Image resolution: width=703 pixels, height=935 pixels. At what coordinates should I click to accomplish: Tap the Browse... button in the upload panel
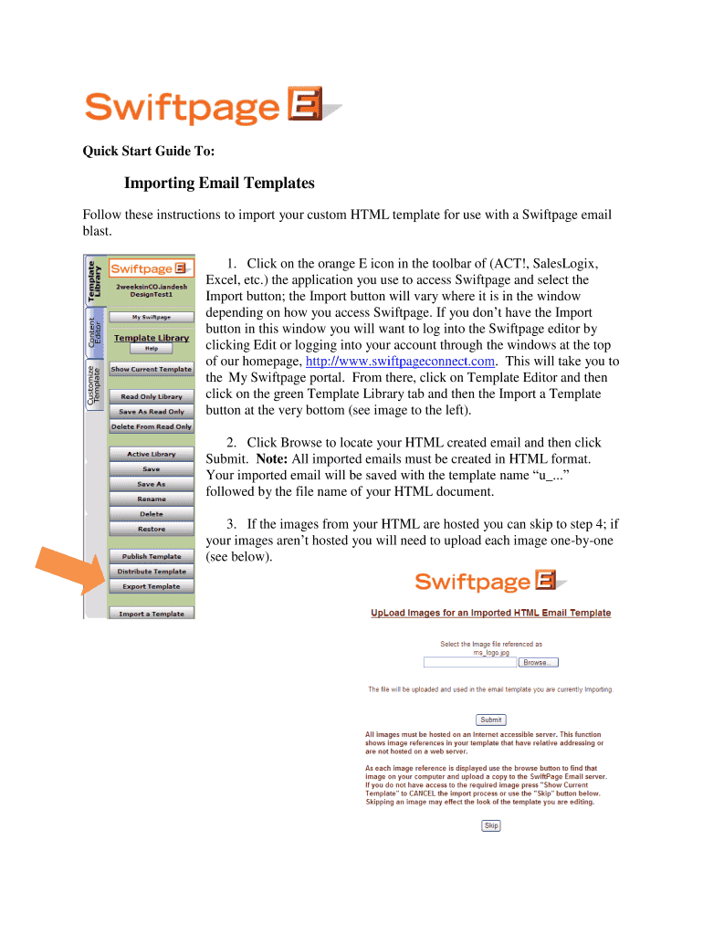[x=539, y=662]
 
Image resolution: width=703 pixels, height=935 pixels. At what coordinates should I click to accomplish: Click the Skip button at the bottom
[x=491, y=825]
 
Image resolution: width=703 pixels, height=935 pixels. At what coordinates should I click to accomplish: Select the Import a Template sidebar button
[x=152, y=614]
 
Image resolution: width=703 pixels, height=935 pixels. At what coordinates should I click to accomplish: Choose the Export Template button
[x=152, y=586]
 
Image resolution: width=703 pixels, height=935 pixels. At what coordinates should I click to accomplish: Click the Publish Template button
[x=152, y=556]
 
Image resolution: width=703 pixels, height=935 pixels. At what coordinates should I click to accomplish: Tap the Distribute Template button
[x=152, y=572]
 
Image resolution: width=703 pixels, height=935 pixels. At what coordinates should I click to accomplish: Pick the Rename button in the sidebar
[x=152, y=499]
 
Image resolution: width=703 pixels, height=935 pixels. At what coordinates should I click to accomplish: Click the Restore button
[x=152, y=530]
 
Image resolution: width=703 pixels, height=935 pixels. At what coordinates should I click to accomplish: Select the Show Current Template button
[x=152, y=369]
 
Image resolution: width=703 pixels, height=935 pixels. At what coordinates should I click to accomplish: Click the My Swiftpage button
[x=152, y=317]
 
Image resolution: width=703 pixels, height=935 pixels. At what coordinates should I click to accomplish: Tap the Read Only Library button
[x=152, y=397]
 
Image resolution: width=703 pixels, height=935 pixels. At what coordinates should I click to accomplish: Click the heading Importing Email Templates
[x=219, y=184]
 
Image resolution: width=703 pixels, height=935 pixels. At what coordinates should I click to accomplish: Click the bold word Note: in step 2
[x=276, y=458]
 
